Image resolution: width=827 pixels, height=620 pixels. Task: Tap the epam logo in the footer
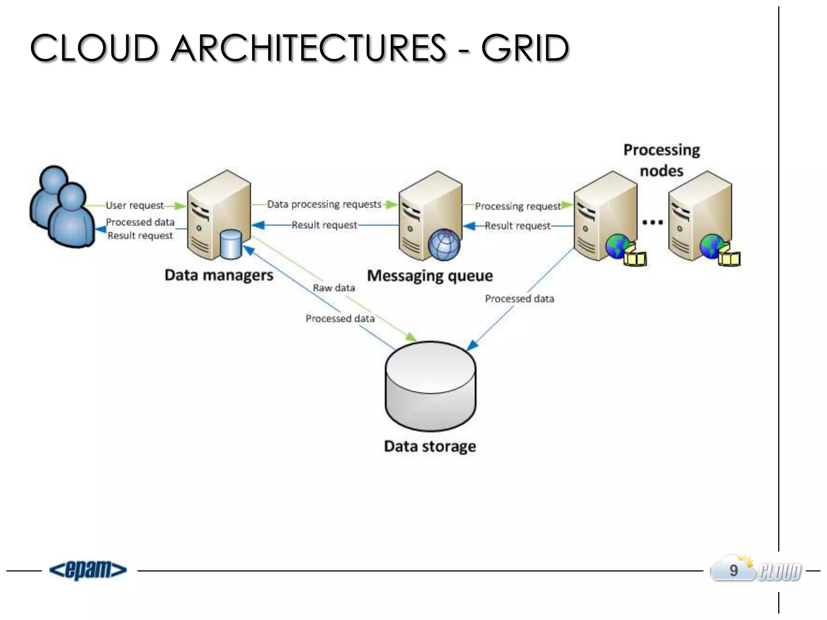pos(88,570)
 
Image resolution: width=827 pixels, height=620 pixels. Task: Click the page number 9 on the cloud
pos(733,571)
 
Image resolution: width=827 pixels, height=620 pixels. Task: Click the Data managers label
pos(218,275)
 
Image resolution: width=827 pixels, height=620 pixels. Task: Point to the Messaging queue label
pos(430,276)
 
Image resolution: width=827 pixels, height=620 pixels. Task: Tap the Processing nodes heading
pos(661,160)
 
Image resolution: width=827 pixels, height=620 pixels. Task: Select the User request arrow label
pos(134,205)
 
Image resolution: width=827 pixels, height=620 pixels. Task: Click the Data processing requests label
pos(324,204)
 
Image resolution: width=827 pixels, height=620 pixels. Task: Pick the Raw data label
pos(334,288)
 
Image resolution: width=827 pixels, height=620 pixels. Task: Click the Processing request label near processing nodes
pos(518,206)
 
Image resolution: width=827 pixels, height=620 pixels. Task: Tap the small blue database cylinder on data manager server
pos(231,244)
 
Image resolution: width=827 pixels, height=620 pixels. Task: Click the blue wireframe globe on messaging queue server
pos(444,245)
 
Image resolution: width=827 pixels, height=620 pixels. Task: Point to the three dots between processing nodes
pos(652,222)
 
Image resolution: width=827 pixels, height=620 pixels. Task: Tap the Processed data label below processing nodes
pos(519,299)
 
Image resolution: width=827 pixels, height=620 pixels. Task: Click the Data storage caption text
pos(430,446)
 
